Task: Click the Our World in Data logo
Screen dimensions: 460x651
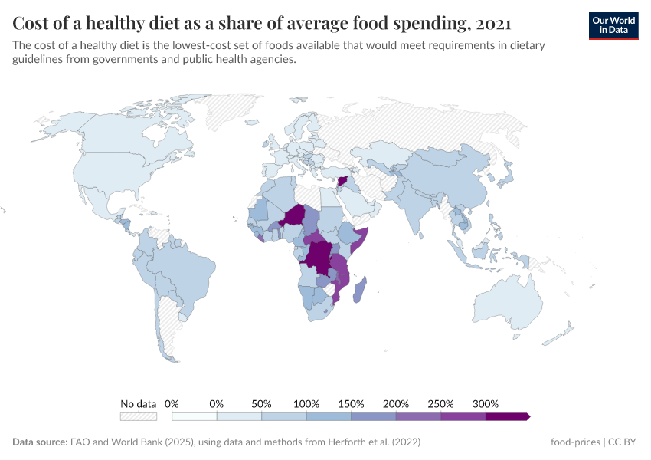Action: [613, 25]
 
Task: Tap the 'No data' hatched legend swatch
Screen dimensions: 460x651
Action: [139, 416]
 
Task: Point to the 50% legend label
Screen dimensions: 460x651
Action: [262, 403]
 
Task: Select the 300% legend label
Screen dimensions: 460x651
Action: [486, 403]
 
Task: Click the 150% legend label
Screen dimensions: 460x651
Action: [352, 403]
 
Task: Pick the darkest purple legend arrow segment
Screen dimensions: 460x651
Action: [507, 416]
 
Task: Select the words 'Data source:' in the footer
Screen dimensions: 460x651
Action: [40, 442]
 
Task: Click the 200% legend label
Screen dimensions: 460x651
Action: [396, 403]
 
